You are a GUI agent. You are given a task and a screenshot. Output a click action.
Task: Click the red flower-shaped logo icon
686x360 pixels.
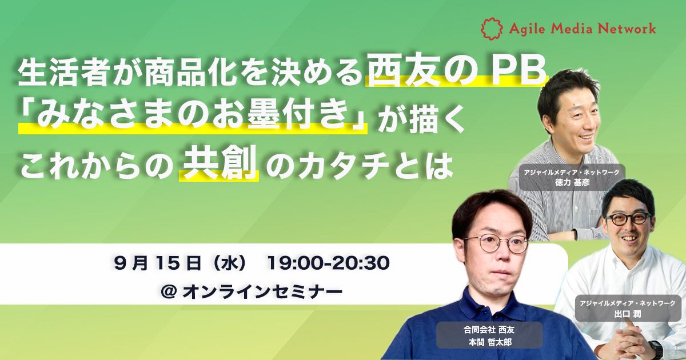point(492,29)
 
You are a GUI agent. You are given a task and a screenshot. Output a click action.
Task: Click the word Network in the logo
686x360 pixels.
point(627,29)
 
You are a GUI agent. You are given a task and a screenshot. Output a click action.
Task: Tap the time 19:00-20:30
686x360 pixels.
point(329,263)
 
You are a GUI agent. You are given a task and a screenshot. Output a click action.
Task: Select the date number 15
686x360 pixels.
point(167,263)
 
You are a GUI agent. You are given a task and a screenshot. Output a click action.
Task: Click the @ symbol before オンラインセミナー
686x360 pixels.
point(168,292)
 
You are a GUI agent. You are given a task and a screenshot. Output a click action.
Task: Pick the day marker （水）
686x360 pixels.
point(230,263)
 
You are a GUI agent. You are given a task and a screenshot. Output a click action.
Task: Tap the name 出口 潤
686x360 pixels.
point(628,314)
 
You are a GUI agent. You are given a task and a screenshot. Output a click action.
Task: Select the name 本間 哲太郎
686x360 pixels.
point(490,342)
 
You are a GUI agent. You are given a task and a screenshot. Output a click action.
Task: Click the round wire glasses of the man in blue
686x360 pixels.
point(496,243)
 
